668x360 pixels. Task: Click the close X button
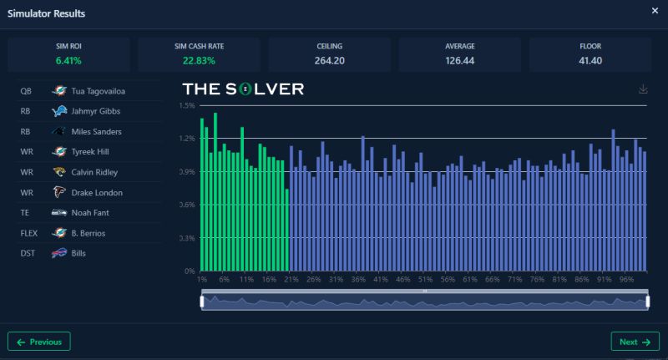point(654,11)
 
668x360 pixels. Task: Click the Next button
point(634,342)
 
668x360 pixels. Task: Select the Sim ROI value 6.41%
point(68,60)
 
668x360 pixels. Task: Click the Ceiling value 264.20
point(329,60)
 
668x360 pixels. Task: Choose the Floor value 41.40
point(590,60)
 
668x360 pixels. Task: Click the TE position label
point(25,213)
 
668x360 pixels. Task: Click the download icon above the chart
point(643,89)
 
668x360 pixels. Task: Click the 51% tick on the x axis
point(425,280)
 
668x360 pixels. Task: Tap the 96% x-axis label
point(627,280)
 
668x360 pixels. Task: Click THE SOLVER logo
point(243,89)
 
